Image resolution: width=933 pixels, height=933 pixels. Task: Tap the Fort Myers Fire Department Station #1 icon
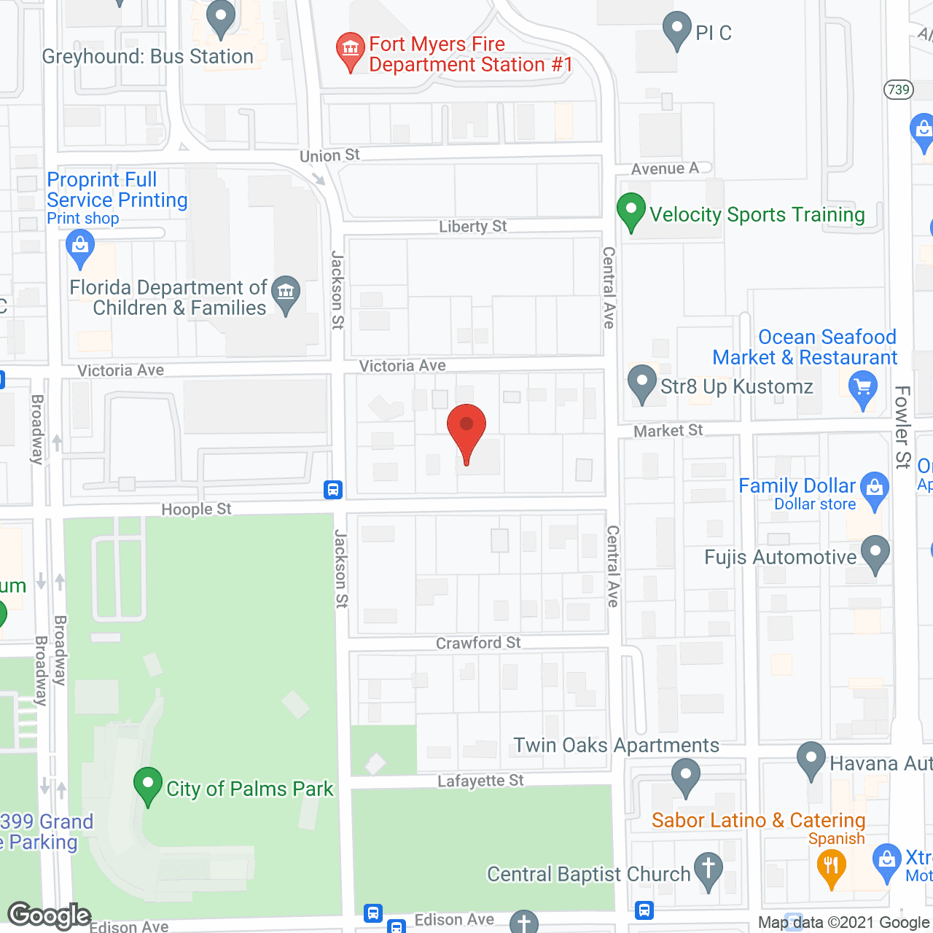[x=351, y=51]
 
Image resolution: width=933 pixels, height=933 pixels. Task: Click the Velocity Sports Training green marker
[x=631, y=211]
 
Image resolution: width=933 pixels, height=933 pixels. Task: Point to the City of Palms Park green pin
[x=148, y=786]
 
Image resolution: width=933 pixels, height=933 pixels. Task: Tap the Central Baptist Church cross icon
[x=708, y=870]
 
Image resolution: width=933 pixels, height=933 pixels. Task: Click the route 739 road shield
[x=899, y=90]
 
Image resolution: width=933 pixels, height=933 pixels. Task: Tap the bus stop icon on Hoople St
[x=333, y=490]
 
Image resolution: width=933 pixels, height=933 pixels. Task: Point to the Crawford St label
[x=478, y=643]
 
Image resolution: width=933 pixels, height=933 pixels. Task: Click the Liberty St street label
[x=472, y=227]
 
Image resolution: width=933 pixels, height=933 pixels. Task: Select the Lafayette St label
[x=480, y=781]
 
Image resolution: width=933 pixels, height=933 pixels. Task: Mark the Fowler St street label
[x=902, y=427]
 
